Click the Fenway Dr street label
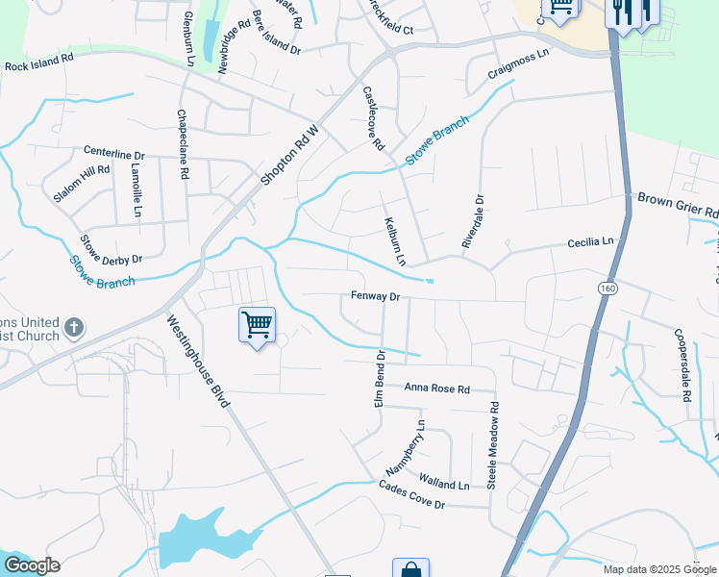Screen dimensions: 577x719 [374, 297]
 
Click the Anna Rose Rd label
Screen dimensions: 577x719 [436, 389]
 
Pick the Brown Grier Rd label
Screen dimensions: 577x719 [678, 204]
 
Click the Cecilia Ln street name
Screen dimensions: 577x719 [590, 242]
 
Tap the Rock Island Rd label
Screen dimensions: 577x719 [38, 62]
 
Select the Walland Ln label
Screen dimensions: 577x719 [444, 481]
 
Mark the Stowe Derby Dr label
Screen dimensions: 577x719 [111, 251]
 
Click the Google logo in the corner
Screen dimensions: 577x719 [31, 565]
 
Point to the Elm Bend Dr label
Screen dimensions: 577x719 [380, 378]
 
